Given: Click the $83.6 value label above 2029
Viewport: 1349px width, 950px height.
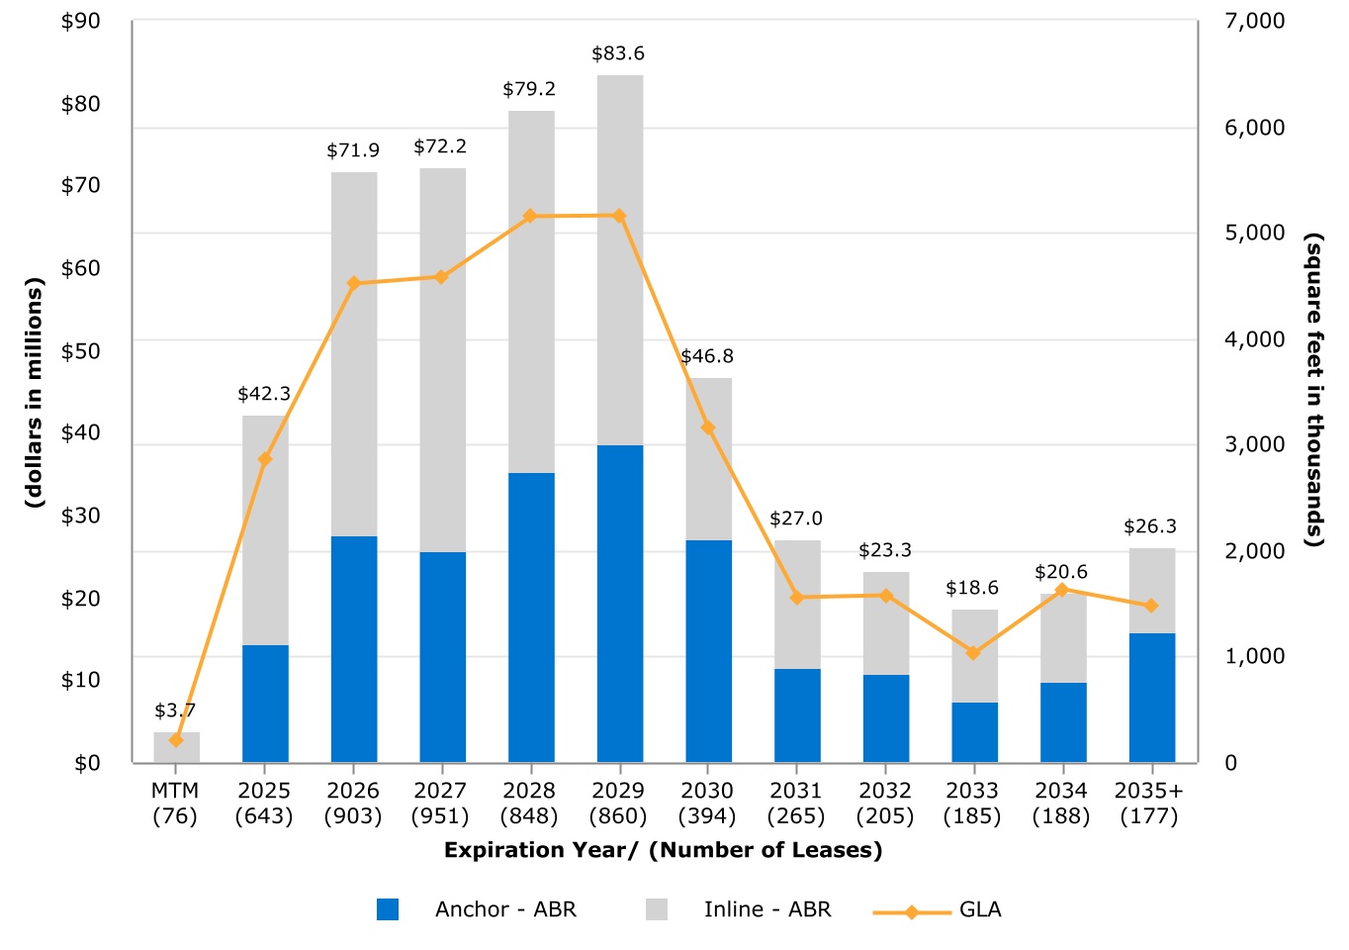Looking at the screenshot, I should [618, 53].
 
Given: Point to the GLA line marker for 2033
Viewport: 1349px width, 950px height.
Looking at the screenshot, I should [973, 653].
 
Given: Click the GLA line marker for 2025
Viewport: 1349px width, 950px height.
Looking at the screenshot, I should [265, 459].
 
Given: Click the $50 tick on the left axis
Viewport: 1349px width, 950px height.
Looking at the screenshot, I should [80, 350].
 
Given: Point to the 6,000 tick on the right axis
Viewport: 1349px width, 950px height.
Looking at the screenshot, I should [1254, 128].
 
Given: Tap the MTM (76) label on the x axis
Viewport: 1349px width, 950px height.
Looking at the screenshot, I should [175, 804].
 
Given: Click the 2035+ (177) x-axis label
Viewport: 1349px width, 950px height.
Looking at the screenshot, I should [1149, 804].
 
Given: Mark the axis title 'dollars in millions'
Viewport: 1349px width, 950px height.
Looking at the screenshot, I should [36, 393].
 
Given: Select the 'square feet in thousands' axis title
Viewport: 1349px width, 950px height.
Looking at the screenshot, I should [1313, 390].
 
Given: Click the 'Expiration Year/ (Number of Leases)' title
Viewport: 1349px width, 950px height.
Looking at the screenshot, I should [663, 850].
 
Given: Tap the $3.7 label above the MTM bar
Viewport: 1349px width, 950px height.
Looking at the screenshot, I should [175, 711].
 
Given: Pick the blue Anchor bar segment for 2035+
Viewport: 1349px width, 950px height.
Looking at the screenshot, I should [1152, 697].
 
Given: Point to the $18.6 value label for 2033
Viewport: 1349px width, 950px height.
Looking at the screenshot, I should [972, 588].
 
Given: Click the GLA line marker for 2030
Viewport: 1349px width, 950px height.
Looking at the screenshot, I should [708, 427].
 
